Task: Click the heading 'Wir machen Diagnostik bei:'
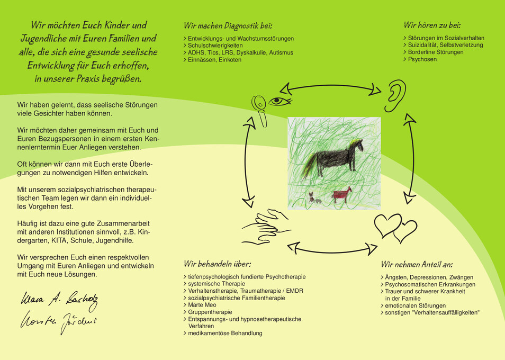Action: (228, 25)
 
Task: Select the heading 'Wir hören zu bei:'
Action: (432, 25)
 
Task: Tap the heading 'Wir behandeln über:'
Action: (218, 264)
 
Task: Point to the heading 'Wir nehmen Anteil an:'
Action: (417, 264)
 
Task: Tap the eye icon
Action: (279, 102)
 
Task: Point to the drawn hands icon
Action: (266, 227)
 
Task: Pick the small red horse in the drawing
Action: (342, 195)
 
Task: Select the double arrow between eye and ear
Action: (330, 86)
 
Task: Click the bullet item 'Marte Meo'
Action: (200, 305)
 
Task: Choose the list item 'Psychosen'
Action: (420, 59)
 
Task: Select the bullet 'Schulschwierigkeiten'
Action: (213, 46)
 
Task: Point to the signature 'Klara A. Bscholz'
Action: (59, 300)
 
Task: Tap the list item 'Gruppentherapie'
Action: (208, 312)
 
